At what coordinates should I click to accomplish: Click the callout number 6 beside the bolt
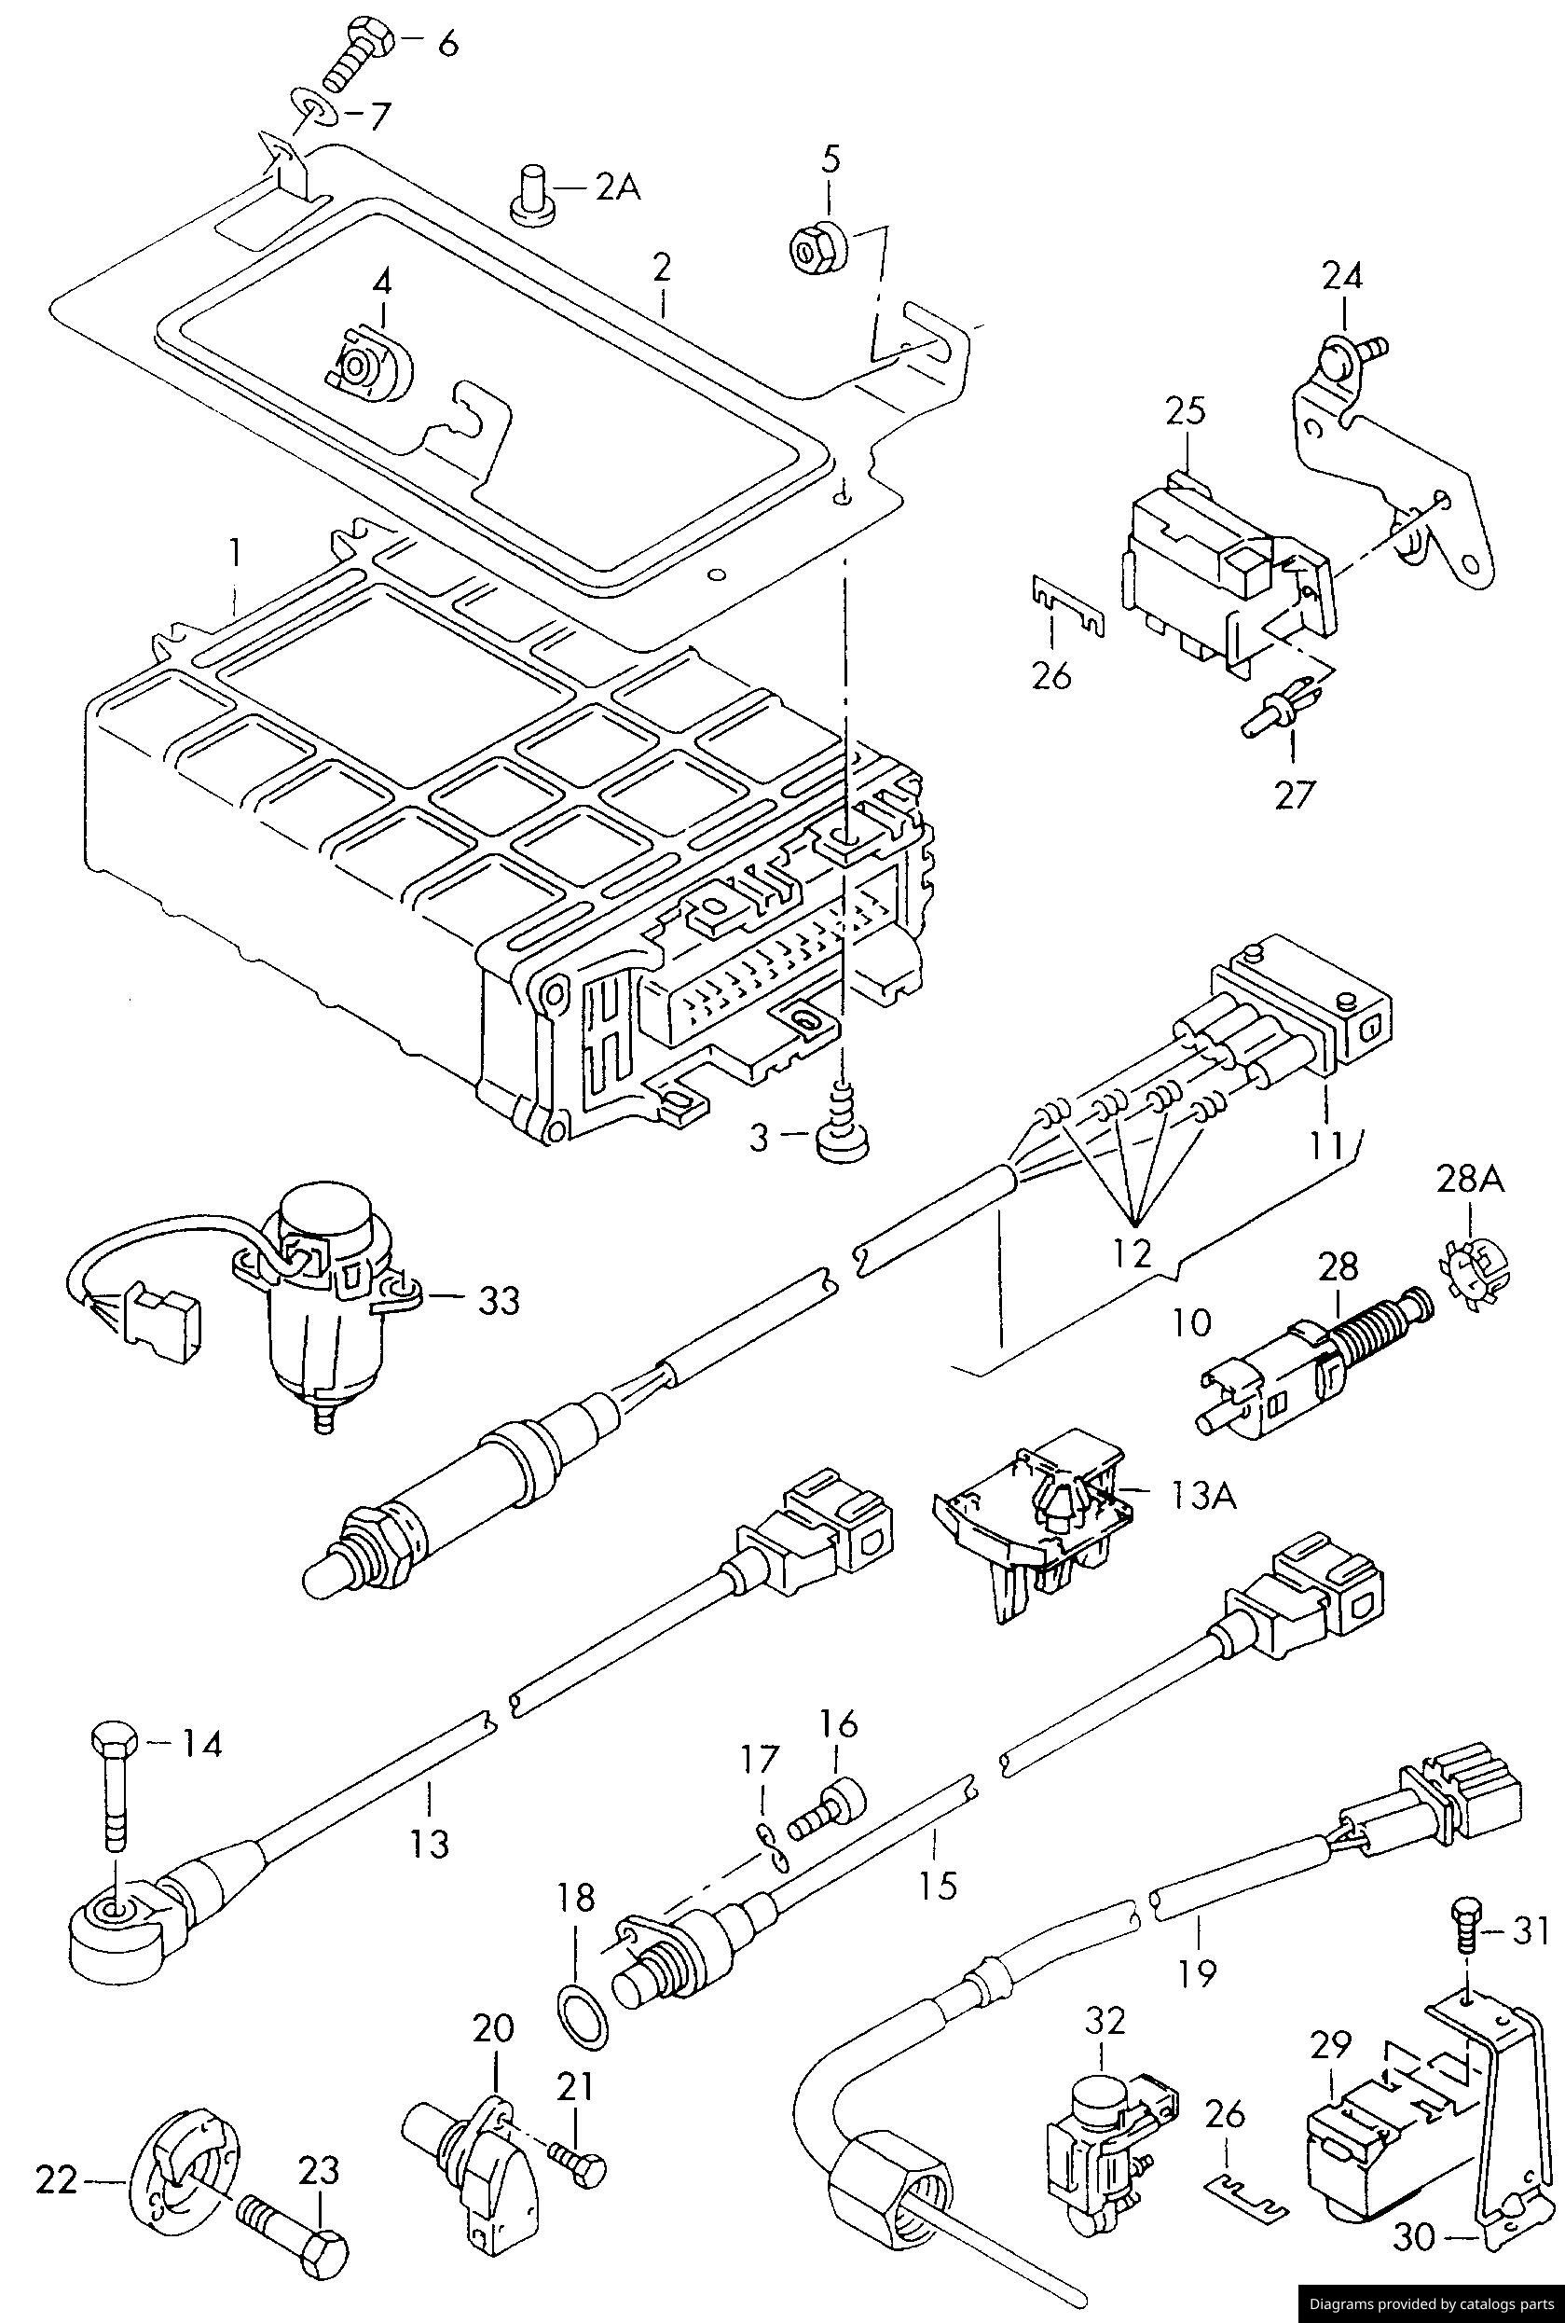coord(448,45)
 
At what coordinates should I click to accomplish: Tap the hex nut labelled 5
coord(817,246)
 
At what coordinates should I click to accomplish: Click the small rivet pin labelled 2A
coord(531,195)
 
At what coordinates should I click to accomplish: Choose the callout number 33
coord(497,1300)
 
